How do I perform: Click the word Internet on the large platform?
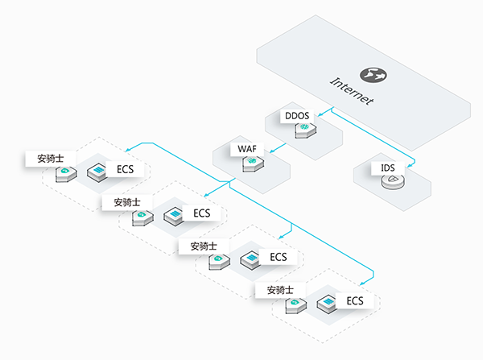pyautogui.click(x=352, y=91)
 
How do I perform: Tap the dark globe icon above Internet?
pyautogui.click(x=374, y=75)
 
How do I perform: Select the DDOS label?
pyautogui.click(x=297, y=116)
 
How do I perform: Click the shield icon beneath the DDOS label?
pyautogui.click(x=305, y=130)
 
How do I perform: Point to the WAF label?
pyautogui.click(x=247, y=149)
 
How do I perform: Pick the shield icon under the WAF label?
pyautogui.click(x=253, y=163)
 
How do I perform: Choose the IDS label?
pyautogui.click(x=388, y=168)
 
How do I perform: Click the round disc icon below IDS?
pyautogui.click(x=393, y=181)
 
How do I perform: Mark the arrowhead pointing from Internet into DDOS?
pyautogui.click(x=320, y=114)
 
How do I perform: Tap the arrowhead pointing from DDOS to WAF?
pyautogui.click(x=272, y=151)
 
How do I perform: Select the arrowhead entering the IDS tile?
pyautogui.click(x=410, y=166)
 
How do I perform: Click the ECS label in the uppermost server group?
pyautogui.click(x=125, y=169)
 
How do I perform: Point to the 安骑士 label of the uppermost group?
pyautogui.click(x=51, y=159)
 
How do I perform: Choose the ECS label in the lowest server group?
pyautogui.click(x=355, y=301)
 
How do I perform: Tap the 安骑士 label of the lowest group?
pyautogui.click(x=280, y=290)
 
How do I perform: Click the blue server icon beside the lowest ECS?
pyautogui.click(x=328, y=304)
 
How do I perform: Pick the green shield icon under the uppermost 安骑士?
pyautogui.click(x=66, y=174)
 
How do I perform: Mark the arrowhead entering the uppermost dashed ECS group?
pyautogui.click(x=128, y=150)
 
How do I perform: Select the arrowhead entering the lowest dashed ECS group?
pyautogui.click(x=363, y=283)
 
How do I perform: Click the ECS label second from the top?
pyautogui.click(x=202, y=213)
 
